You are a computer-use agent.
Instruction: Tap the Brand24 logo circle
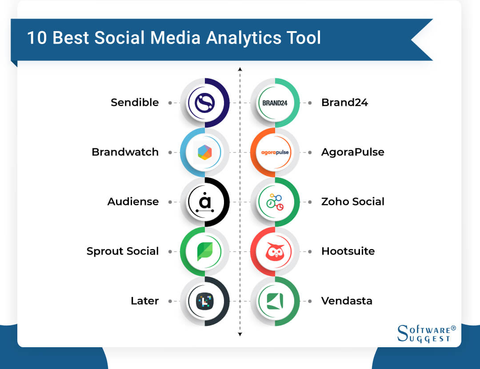pos(275,103)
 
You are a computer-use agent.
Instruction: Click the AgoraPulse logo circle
pos(275,152)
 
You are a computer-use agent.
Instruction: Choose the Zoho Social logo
pos(275,202)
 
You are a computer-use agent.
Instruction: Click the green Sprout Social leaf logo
pos(205,252)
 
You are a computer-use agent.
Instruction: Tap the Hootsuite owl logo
pos(275,252)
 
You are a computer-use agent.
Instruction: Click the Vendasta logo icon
pos(275,301)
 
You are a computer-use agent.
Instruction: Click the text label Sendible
pos(135,103)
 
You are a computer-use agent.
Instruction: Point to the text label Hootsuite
pos(348,251)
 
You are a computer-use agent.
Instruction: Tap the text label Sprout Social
pos(123,251)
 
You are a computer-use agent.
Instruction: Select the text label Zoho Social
pos(352,202)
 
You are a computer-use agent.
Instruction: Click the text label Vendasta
pos(347,301)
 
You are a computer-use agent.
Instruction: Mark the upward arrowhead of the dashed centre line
pos(240,69)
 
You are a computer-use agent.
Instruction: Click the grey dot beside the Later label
pos(170,301)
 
